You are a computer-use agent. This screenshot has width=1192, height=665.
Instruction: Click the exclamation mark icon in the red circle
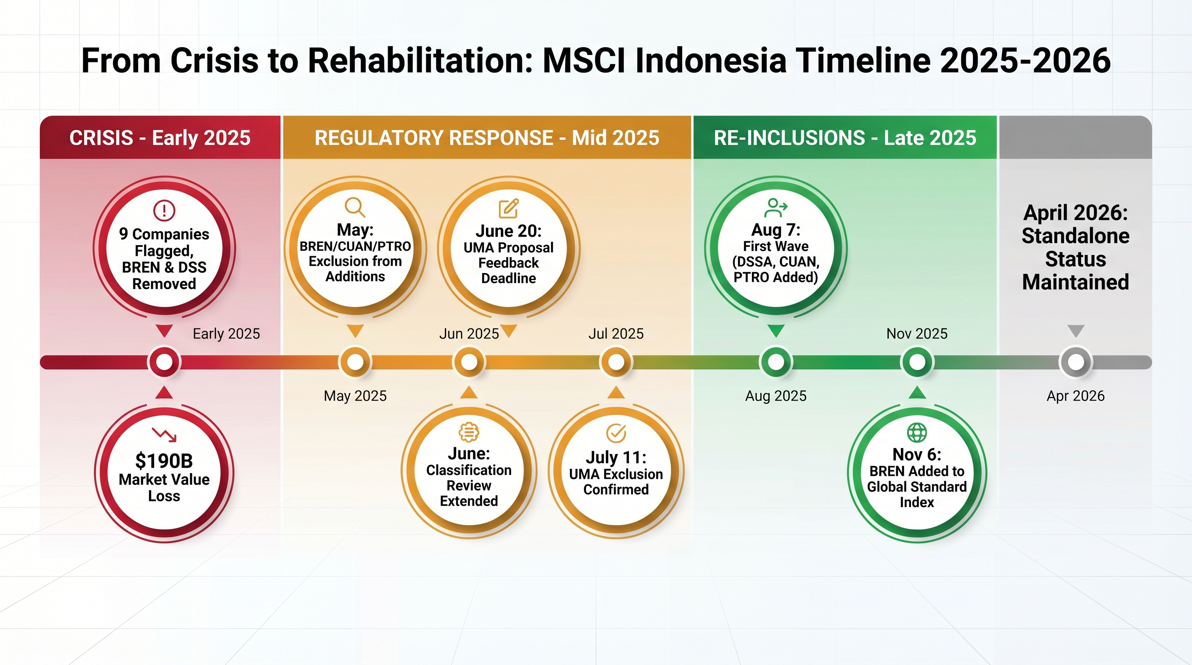tap(164, 210)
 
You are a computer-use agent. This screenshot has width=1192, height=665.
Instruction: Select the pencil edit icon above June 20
tap(509, 209)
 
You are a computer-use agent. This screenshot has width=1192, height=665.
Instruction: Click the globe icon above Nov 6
tap(917, 433)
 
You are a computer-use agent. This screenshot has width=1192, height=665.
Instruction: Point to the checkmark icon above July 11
tap(616, 433)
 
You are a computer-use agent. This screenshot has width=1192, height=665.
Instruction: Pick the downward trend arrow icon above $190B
tap(164, 434)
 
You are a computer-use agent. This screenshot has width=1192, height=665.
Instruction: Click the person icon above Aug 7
tap(776, 208)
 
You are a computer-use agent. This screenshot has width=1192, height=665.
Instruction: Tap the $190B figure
tap(164, 461)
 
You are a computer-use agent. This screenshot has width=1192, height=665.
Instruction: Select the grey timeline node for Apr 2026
tap(1075, 362)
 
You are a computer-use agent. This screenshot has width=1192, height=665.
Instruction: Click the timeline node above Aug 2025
tap(776, 362)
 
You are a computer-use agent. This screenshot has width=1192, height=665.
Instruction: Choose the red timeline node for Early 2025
tap(164, 362)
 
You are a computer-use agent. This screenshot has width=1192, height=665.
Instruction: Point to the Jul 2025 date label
tap(616, 333)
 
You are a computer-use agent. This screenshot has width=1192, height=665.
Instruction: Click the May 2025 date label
tap(355, 396)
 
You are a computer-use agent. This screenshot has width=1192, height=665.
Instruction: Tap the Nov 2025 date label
tap(917, 333)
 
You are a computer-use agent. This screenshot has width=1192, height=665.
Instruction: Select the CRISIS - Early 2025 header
tap(160, 137)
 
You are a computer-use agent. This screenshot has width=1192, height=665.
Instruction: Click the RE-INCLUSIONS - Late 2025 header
tap(845, 137)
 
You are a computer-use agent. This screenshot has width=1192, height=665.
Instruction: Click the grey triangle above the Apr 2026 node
tap(1075, 331)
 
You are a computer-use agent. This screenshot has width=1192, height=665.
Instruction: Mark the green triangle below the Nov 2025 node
tap(917, 393)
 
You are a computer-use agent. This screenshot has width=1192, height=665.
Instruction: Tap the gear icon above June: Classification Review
tap(469, 433)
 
